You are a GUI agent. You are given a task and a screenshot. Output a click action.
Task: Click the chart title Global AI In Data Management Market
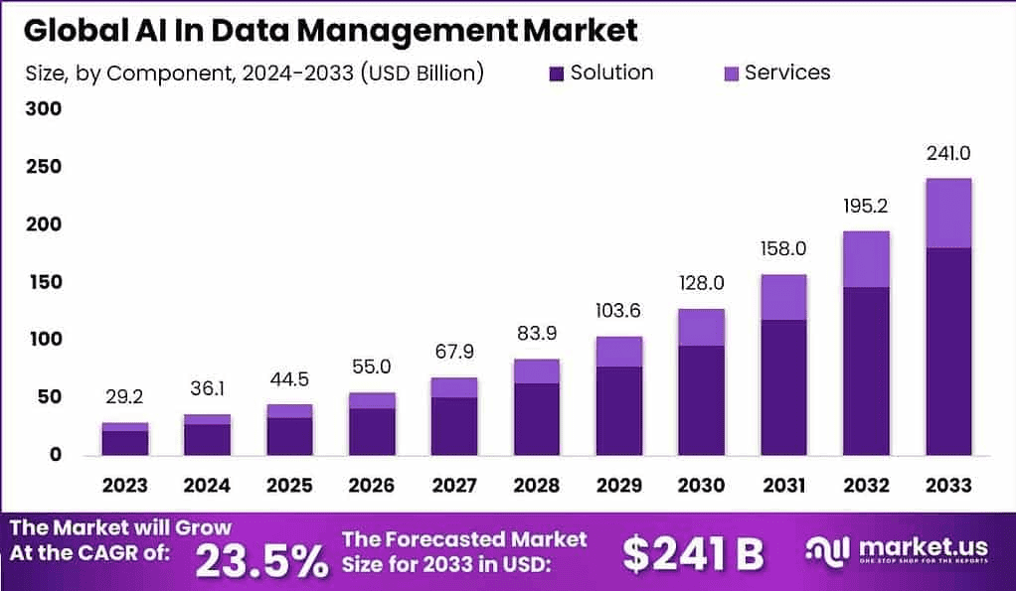(x=331, y=30)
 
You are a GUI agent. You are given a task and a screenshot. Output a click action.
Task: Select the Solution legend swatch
(x=557, y=74)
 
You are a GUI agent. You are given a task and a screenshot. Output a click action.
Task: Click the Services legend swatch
(x=731, y=74)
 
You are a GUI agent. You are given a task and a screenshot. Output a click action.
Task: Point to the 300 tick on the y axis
(x=43, y=109)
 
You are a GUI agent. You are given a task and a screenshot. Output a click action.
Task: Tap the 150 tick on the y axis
(x=43, y=282)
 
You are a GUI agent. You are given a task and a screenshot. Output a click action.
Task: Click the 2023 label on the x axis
(x=124, y=486)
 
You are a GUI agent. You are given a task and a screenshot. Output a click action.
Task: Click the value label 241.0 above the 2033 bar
(x=947, y=154)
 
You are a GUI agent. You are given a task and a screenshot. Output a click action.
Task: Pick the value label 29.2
(x=124, y=397)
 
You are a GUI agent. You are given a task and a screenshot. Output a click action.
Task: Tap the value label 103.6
(x=619, y=311)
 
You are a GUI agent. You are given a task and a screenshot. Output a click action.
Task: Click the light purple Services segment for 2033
(x=947, y=213)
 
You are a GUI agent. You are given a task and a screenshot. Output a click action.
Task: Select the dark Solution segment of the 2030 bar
(x=701, y=400)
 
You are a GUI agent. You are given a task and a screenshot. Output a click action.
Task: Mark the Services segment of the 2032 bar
(x=865, y=259)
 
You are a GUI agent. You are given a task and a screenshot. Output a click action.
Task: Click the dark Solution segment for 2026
(x=371, y=432)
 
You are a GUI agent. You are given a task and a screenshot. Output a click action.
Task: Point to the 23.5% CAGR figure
(x=261, y=561)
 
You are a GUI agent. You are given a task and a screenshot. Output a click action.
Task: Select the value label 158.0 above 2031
(x=783, y=248)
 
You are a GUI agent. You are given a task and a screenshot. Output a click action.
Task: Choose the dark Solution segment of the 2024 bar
(x=207, y=440)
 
